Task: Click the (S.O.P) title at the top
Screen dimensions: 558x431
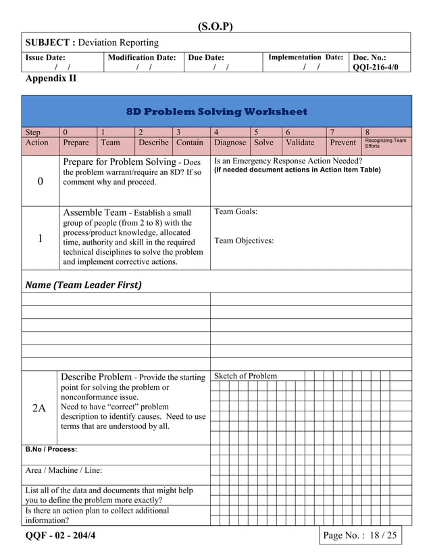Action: [x=215, y=26]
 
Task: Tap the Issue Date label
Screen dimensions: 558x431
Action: [x=45, y=58]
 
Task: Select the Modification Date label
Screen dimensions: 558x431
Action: [x=142, y=58]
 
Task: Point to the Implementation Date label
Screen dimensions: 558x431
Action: [x=305, y=58]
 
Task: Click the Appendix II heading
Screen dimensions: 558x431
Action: [x=51, y=79]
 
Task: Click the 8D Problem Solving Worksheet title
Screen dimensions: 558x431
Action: [x=216, y=111]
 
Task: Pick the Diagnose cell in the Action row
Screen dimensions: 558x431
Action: [x=230, y=143]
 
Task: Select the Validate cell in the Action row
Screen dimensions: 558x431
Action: [x=300, y=143]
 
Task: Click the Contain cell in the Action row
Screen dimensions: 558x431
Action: [x=190, y=143]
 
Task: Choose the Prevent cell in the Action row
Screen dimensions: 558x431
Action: [x=343, y=143]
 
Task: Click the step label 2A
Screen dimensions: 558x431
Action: [x=39, y=408]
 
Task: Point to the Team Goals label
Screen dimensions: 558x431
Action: [x=236, y=212]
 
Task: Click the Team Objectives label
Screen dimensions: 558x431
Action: [x=244, y=240]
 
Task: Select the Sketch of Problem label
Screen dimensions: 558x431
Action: [x=245, y=376]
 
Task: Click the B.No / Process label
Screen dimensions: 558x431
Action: [x=51, y=449]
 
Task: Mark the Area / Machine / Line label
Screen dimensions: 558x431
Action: [x=64, y=470]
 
